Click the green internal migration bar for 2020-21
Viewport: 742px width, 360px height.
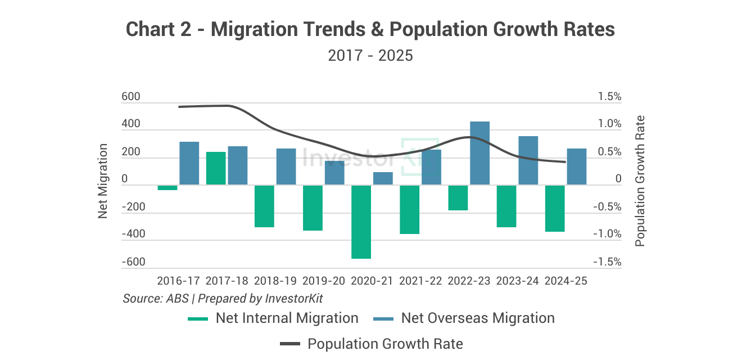(361, 222)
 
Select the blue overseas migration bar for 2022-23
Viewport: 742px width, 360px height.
(479, 153)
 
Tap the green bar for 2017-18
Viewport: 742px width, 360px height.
(216, 168)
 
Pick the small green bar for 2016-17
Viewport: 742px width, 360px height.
(168, 187)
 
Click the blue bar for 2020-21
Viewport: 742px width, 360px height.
(383, 178)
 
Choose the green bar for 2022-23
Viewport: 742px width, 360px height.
(458, 197)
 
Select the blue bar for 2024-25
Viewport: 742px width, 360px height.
(576, 166)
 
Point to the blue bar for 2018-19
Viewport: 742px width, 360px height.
(286, 166)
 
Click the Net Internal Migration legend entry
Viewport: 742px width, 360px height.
(273, 318)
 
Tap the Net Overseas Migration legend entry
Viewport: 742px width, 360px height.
(464, 318)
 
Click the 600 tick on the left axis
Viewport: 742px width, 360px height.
(131, 97)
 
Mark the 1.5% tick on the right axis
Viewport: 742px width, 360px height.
(609, 97)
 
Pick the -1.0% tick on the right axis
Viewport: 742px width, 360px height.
(608, 235)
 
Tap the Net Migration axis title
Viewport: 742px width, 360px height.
(103, 181)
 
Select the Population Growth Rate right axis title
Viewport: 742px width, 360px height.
(640, 181)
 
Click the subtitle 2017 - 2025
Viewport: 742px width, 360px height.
(370, 56)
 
